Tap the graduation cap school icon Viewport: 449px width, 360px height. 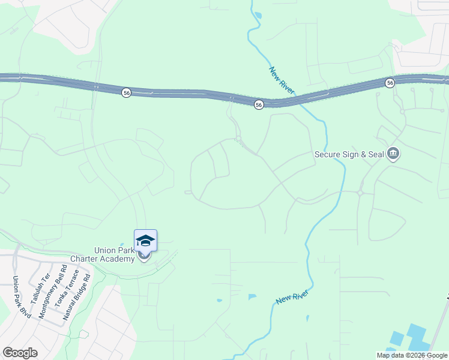tap(145, 241)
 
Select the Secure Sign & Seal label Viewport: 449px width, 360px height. tap(349, 154)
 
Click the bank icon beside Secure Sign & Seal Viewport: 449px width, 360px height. tap(394, 154)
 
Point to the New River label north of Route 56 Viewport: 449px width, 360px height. tap(280, 80)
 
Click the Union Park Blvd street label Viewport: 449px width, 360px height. tap(21, 296)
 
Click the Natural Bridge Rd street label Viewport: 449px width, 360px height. tap(79, 294)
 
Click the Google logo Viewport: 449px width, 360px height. tap(20, 352)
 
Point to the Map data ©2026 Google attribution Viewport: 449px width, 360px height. tap(411, 355)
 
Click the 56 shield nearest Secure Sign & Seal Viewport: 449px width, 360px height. tap(390, 83)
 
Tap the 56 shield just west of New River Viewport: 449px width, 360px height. tap(258, 104)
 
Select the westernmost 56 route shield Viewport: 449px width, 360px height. tap(126, 92)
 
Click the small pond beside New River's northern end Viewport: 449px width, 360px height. tap(258, 15)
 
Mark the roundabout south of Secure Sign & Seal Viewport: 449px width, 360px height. tap(360, 193)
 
